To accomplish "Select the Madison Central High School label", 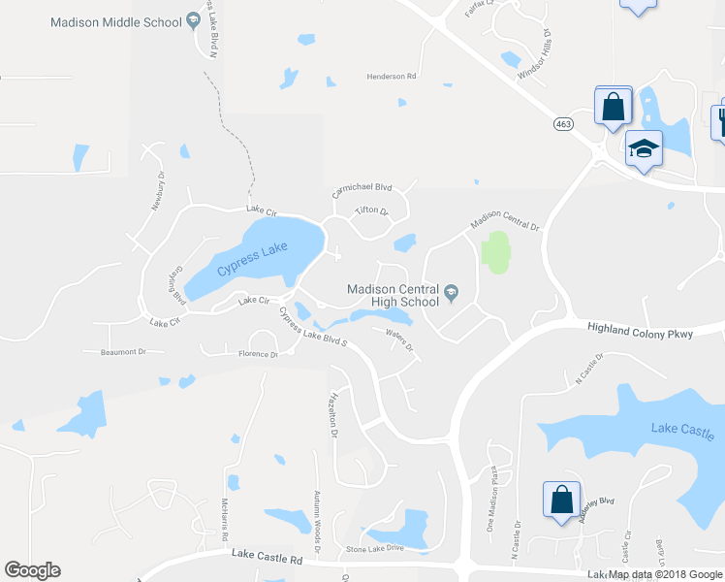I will pos(394,295).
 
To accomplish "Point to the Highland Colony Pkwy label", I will pos(641,331).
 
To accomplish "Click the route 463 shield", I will pos(564,124).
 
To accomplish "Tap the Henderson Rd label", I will pos(391,76).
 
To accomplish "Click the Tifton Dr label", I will pos(371,210).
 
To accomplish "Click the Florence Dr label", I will pos(259,354).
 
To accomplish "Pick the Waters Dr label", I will pos(399,341).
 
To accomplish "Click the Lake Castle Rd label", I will pos(267,558).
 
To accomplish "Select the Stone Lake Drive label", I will pos(374,548).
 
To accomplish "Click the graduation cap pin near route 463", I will pos(644,149).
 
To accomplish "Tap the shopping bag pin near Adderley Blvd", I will pos(561,501).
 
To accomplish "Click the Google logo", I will pos(32,570).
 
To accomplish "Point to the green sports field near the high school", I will pos(495,252).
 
